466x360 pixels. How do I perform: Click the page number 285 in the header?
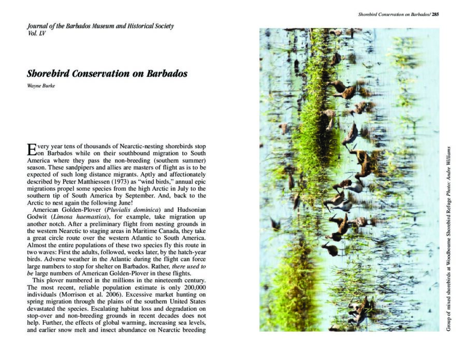[x=435, y=15]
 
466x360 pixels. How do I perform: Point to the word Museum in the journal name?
[x=99, y=26]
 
